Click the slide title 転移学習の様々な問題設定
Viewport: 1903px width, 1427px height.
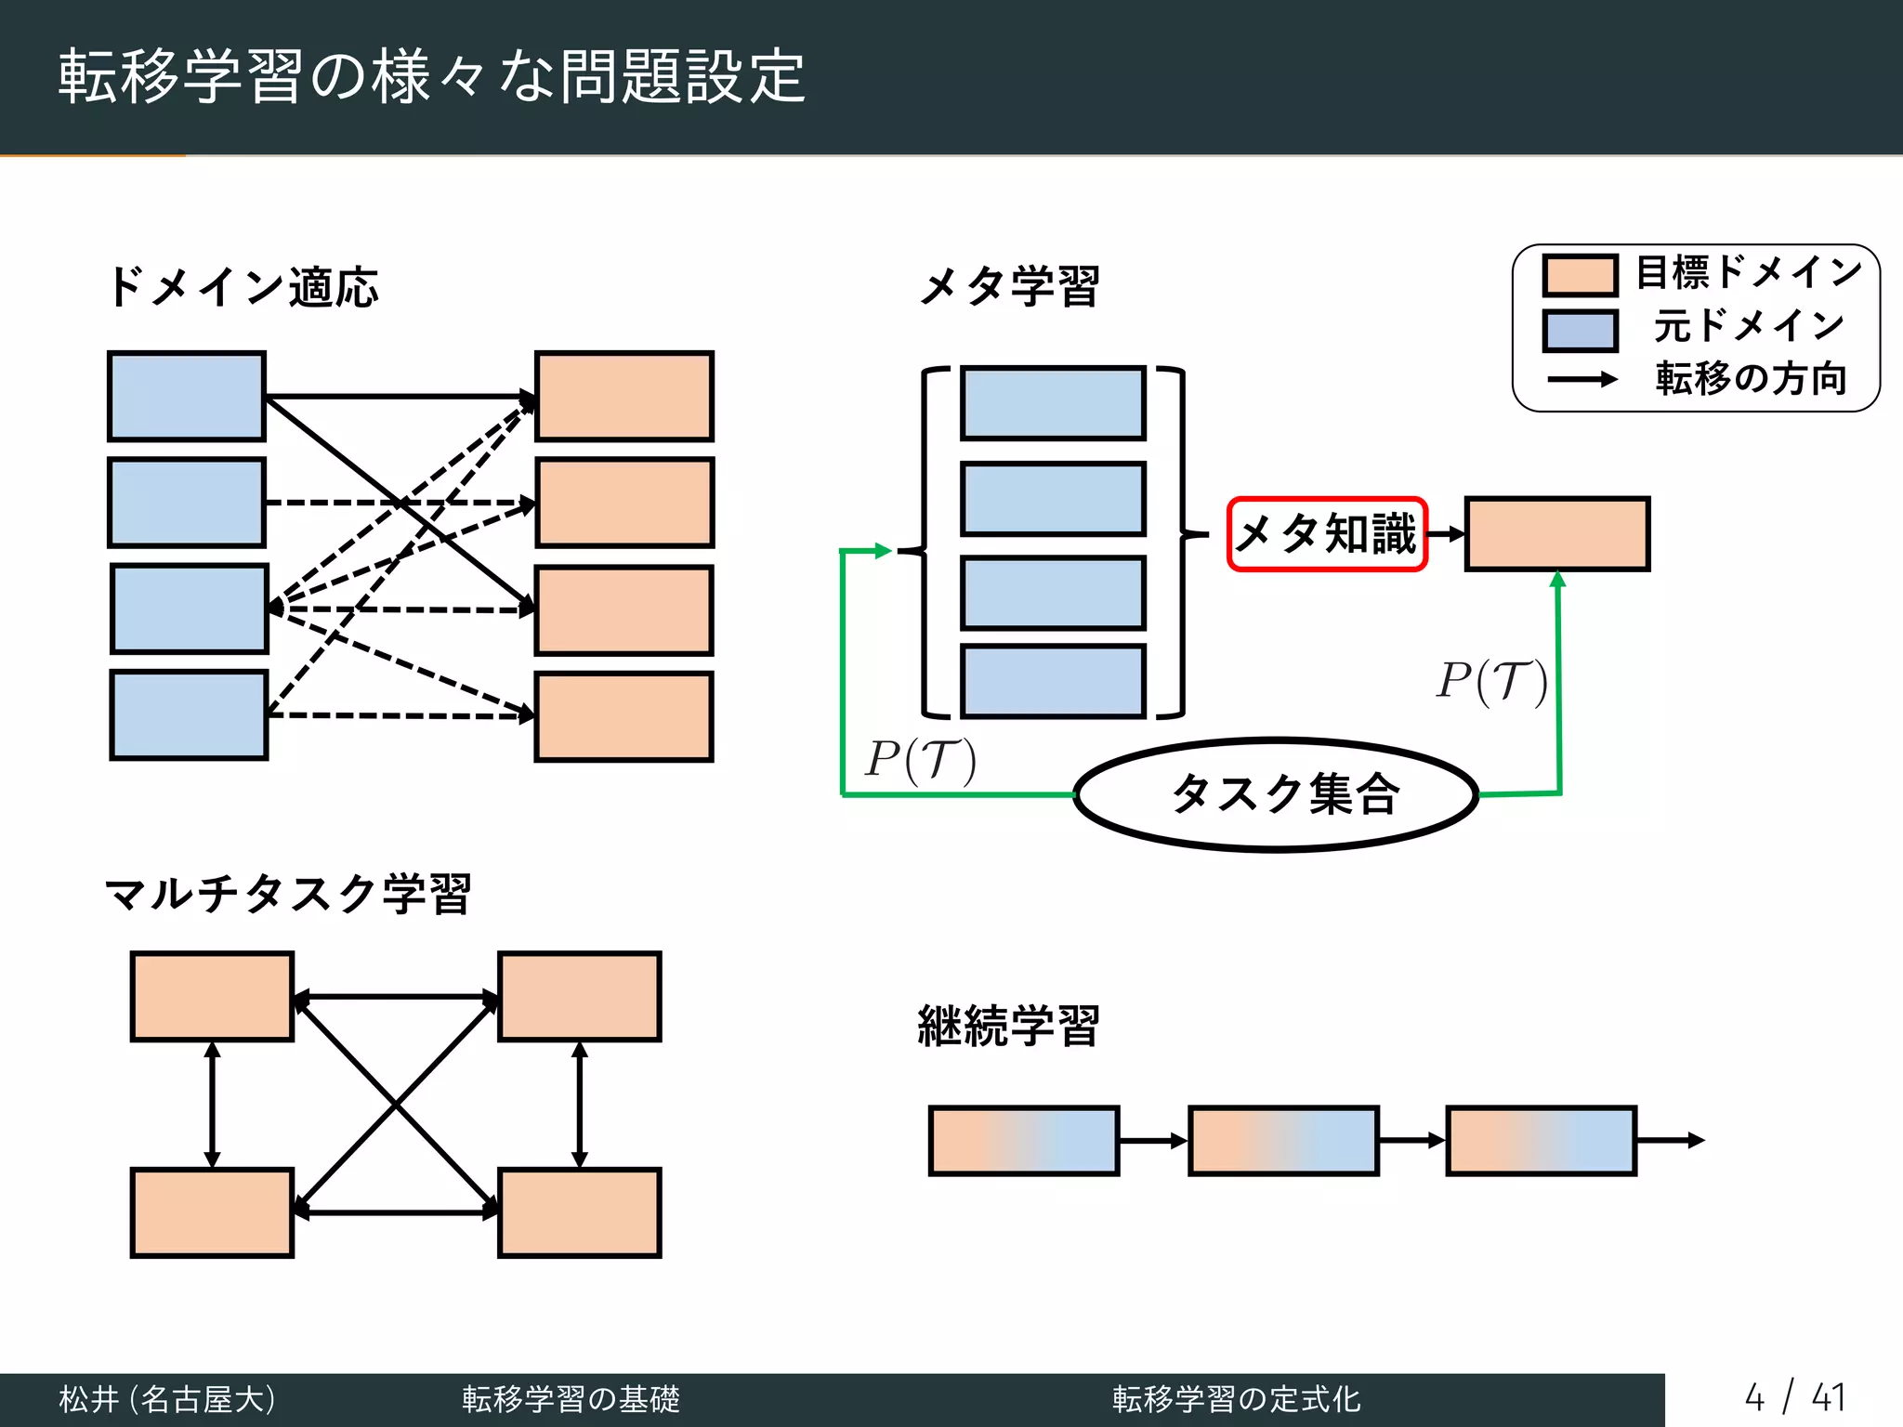[x=432, y=76]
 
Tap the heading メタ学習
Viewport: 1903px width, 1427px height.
[x=1010, y=286]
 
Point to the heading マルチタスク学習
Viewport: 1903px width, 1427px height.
[x=288, y=894]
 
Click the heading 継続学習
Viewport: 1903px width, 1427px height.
[x=1009, y=1026]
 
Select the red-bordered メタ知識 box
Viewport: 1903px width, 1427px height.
[x=1327, y=534]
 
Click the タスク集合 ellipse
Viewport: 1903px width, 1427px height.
[x=1277, y=795]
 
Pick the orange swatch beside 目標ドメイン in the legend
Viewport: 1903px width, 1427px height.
[x=1580, y=275]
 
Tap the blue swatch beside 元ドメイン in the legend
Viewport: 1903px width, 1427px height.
[x=1580, y=330]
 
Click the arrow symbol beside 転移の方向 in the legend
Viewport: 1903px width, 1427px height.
[x=1581, y=380]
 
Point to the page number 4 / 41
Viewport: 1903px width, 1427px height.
[x=1794, y=1397]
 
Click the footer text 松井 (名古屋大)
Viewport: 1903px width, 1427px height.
[x=167, y=1398]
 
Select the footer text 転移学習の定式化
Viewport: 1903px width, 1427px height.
[x=1236, y=1398]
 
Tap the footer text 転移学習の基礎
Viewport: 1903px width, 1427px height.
[x=571, y=1398]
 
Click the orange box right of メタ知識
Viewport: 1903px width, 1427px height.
[x=1557, y=534]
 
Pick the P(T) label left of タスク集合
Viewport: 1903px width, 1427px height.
[x=921, y=760]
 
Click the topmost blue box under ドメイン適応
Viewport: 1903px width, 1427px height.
[x=187, y=396]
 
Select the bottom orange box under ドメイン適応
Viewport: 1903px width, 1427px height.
[x=624, y=716]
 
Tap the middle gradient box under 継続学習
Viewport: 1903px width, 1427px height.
[x=1283, y=1140]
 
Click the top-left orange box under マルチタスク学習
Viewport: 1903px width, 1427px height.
[x=212, y=996]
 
